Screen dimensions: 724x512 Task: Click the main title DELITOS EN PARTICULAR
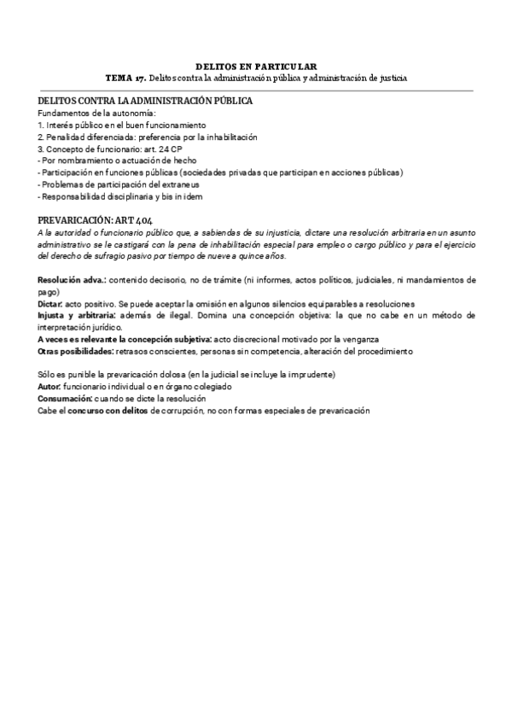tap(256, 66)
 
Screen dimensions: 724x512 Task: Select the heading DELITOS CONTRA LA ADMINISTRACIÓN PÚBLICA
tap(144, 101)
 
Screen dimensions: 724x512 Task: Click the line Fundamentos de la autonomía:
tap(96, 114)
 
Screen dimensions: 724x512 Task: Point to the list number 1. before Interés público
tap(41, 126)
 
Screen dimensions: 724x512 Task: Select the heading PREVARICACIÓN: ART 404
tap(96, 220)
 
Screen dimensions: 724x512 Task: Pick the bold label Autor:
tap(50, 387)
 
